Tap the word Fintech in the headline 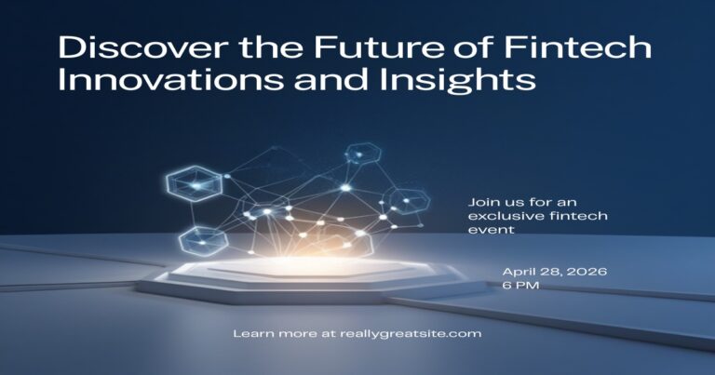coord(578,47)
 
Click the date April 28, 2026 coord(555,272)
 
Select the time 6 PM coord(520,286)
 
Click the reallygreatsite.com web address coord(411,334)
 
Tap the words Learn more coord(275,333)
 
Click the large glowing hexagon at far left coord(195,183)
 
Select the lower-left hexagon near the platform coord(203,241)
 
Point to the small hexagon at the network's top coord(362,154)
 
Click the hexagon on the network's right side coord(406,201)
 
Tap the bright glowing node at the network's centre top coord(345,187)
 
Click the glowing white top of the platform coord(301,267)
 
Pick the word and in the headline coord(331,79)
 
